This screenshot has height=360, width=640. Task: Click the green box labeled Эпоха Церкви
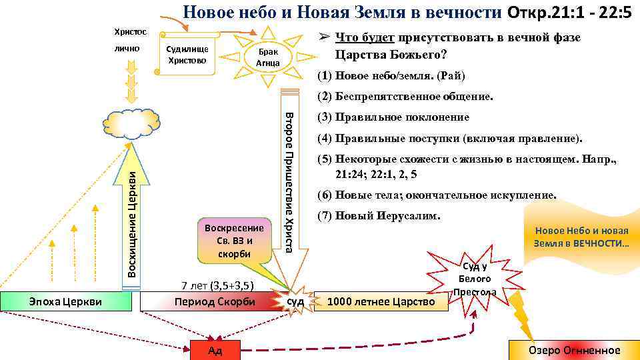(67, 301)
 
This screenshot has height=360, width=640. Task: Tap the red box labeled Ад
(215, 350)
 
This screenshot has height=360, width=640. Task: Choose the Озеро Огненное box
(573, 350)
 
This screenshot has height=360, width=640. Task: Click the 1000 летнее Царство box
(381, 301)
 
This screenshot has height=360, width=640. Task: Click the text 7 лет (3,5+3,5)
(217, 287)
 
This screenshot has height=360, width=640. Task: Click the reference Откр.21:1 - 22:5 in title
(569, 13)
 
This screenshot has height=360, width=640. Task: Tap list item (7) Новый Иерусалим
(379, 216)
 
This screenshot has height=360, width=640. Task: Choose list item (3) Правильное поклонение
(393, 118)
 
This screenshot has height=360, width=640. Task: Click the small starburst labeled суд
(295, 301)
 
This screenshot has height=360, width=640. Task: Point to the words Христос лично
(128, 40)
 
